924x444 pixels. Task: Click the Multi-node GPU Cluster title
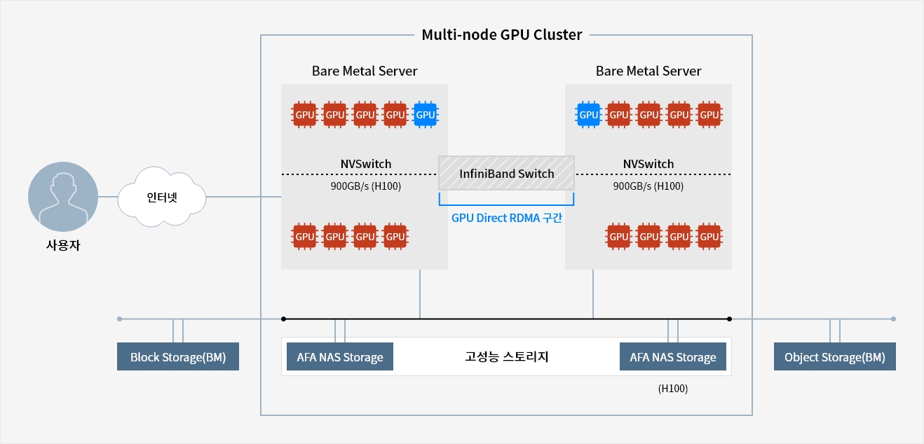501,34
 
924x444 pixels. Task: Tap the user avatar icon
63,197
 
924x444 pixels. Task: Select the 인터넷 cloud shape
162,197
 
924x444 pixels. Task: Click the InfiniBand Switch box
506,173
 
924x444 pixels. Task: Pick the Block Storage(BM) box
178,356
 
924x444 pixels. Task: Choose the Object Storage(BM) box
834,356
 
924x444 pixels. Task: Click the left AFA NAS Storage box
340,356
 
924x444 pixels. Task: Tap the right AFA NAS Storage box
673,356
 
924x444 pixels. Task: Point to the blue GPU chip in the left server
426,114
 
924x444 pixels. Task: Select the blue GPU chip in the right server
589,114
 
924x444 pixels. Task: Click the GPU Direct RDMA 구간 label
507,218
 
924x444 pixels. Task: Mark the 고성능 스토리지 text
507,356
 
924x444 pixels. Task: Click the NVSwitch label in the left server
366,164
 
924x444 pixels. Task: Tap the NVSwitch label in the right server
648,164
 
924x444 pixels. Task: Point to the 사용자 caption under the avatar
63,245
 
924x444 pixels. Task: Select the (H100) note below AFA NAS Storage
673,389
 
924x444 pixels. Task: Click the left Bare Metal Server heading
365,71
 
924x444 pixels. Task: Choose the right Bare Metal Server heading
648,71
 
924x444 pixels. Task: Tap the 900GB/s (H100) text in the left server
366,186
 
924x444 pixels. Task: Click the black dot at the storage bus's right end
729,319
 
